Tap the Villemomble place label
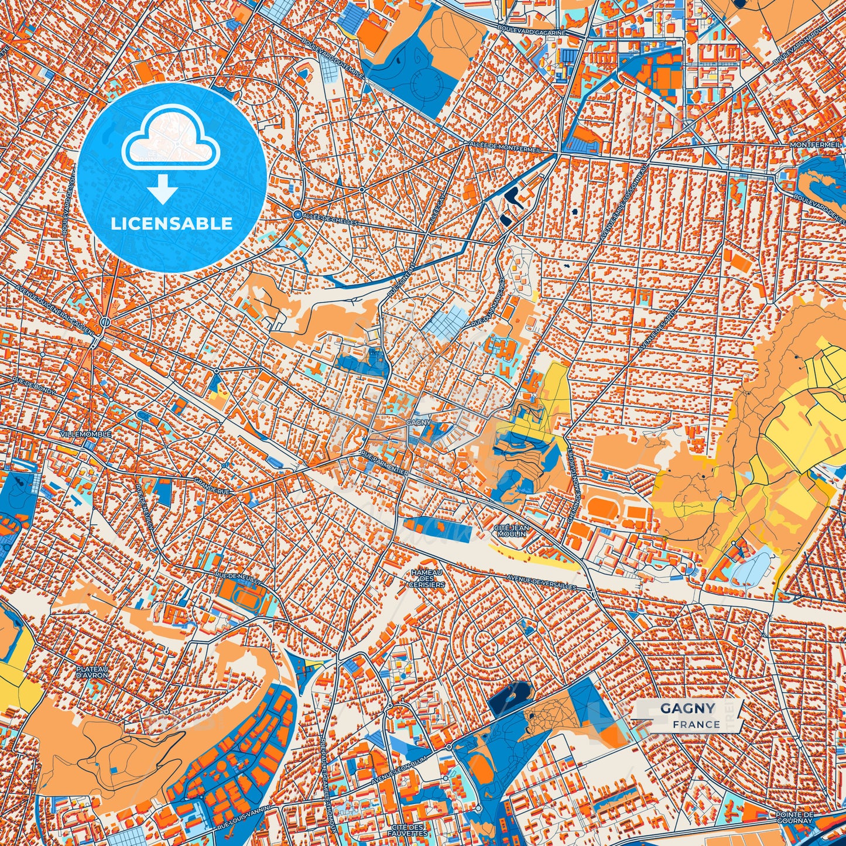pos(85,434)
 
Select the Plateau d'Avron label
pos(92,672)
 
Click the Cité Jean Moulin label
pos(512,530)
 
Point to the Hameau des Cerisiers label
pos(427,578)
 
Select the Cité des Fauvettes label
pos(407,828)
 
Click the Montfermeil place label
pos(816,144)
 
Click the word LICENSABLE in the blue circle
pos(172,224)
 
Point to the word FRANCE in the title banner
pos(696,724)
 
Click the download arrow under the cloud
pos(162,189)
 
